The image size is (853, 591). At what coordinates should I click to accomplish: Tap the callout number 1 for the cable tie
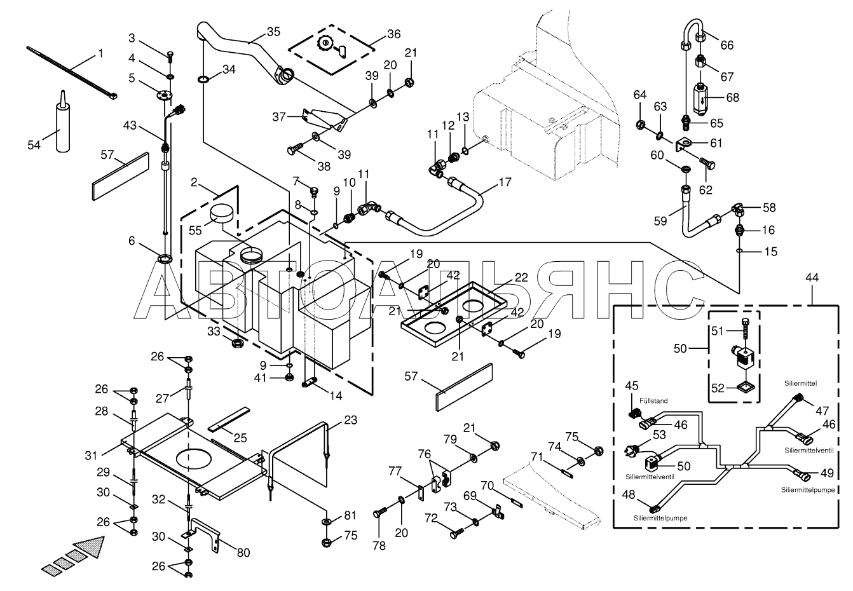tap(100, 53)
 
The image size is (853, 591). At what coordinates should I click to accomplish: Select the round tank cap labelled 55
tap(221, 212)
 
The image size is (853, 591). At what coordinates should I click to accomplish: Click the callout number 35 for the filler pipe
tap(273, 32)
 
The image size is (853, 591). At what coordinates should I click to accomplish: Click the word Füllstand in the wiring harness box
tap(653, 400)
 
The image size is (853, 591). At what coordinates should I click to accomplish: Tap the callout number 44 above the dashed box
tap(812, 278)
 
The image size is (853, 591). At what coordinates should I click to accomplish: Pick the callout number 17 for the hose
tap(505, 182)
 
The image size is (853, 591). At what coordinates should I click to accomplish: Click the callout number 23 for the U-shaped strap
tap(350, 420)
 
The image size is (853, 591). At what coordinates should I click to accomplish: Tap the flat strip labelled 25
tap(229, 419)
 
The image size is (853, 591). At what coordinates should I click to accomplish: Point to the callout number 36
tap(393, 34)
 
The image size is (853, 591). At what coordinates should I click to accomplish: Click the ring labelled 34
tap(203, 79)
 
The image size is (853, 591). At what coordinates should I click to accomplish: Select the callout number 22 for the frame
tap(521, 278)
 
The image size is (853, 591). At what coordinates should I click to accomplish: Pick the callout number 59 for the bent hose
tap(660, 221)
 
